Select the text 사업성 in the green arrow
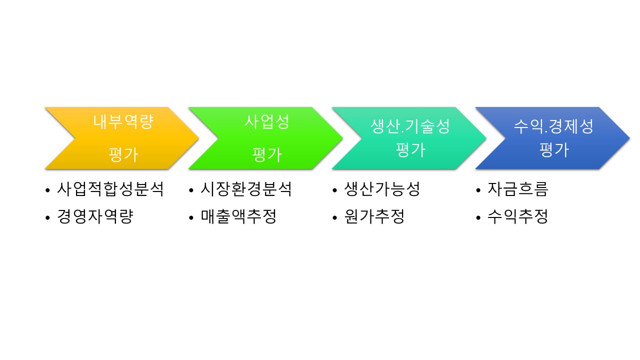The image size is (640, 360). click(267, 122)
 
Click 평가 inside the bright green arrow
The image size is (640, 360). click(267, 154)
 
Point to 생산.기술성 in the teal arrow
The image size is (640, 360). click(410, 126)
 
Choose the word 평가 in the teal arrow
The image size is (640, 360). click(410, 149)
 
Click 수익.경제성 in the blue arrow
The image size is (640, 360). click(553, 126)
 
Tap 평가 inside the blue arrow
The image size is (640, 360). click(554, 149)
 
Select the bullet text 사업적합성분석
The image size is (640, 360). click(110, 189)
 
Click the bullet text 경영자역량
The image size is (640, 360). click(95, 217)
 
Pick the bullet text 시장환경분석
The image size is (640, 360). click(246, 189)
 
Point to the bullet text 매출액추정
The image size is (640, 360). click(238, 217)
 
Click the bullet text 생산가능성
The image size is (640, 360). click(382, 189)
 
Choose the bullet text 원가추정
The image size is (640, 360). click(374, 217)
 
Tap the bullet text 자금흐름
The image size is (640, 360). click(518, 189)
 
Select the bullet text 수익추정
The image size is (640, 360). click(518, 217)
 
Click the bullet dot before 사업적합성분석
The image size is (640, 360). click(47, 190)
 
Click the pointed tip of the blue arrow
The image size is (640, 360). click(628, 137)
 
